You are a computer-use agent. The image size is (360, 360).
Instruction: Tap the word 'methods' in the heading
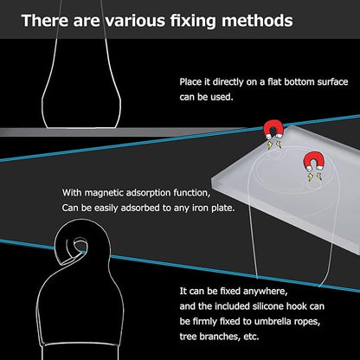point(257,21)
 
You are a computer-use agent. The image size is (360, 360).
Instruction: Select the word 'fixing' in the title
point(193,22)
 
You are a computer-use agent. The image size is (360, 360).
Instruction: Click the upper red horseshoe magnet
point(273,129)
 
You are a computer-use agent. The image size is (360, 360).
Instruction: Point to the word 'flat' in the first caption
point(274,82)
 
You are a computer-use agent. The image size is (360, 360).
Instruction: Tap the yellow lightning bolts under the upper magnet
point(273,145)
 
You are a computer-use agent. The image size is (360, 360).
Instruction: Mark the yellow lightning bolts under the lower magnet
point(314,177)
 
